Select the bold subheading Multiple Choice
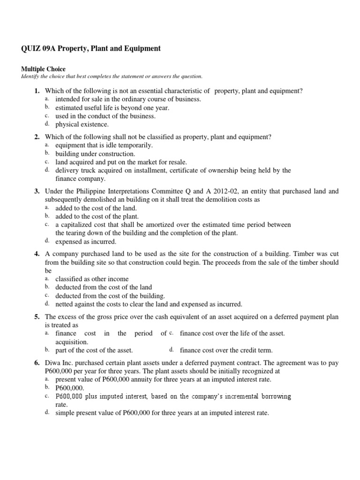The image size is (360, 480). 43,69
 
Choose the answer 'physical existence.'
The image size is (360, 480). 82,124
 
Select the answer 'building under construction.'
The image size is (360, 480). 95,154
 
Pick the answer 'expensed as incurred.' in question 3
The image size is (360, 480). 86,241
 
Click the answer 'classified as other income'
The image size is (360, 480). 92,279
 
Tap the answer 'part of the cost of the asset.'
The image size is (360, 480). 94,350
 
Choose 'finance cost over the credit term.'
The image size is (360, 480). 226,350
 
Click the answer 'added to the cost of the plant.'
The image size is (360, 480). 97,216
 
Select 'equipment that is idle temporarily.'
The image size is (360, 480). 104,145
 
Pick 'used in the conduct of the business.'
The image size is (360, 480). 105,116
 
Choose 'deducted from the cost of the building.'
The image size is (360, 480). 110,296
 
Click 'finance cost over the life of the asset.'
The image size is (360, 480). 232,333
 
